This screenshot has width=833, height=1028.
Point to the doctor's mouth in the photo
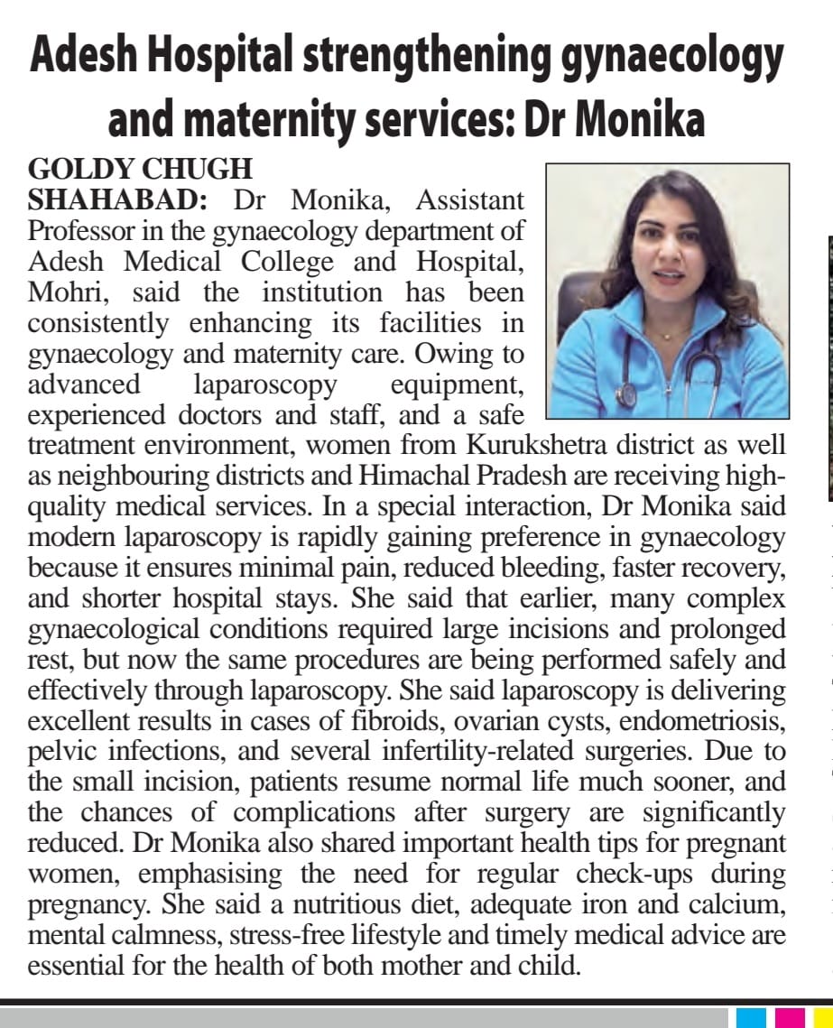pyautogui.click(x=669, y=274)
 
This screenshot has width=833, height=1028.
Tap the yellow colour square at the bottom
pyautogui.click(x=823, y=1017)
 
